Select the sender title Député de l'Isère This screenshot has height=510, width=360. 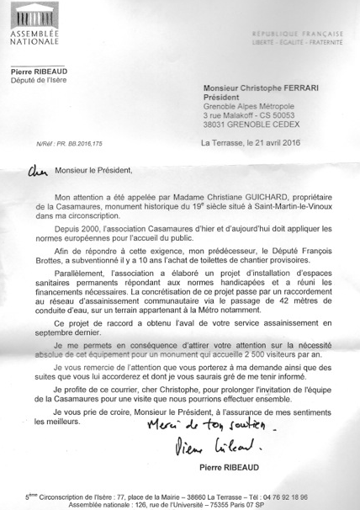coord(40,82)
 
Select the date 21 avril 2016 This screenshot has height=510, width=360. coord(289,143)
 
